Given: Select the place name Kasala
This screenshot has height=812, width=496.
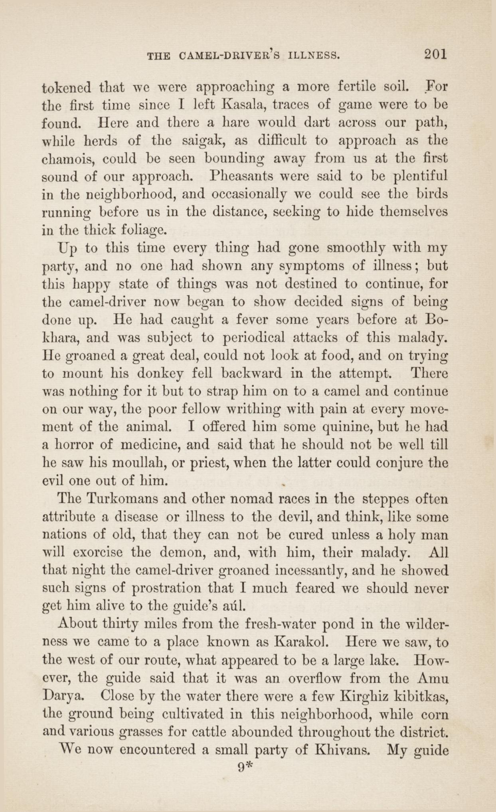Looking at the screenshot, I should tap(241, 105).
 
